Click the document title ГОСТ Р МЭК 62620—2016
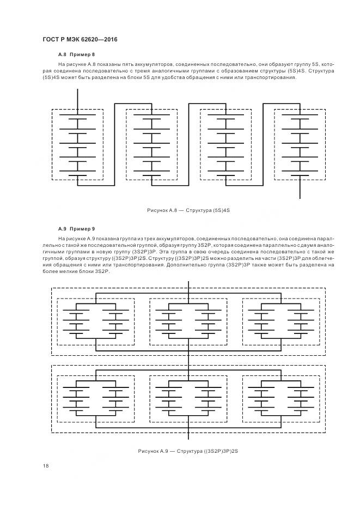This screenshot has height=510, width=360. click(79, 40)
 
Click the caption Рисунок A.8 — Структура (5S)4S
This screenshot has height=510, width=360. click(188, 210)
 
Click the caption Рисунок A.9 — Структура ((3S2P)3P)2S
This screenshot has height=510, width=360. click(188, 452)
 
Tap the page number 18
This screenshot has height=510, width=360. click(45, 465)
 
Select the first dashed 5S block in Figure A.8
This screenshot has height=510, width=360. click(77, 144)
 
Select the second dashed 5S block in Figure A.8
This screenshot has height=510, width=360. click(151, 144)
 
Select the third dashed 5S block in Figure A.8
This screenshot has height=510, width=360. click(225, 144)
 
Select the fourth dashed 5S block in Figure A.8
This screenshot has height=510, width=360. click(300, 144)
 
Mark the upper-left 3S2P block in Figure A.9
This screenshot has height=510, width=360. click(96, 322)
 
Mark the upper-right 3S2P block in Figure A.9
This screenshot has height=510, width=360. click(281, 322)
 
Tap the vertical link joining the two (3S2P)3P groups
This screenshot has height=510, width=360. click(188, 360)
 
